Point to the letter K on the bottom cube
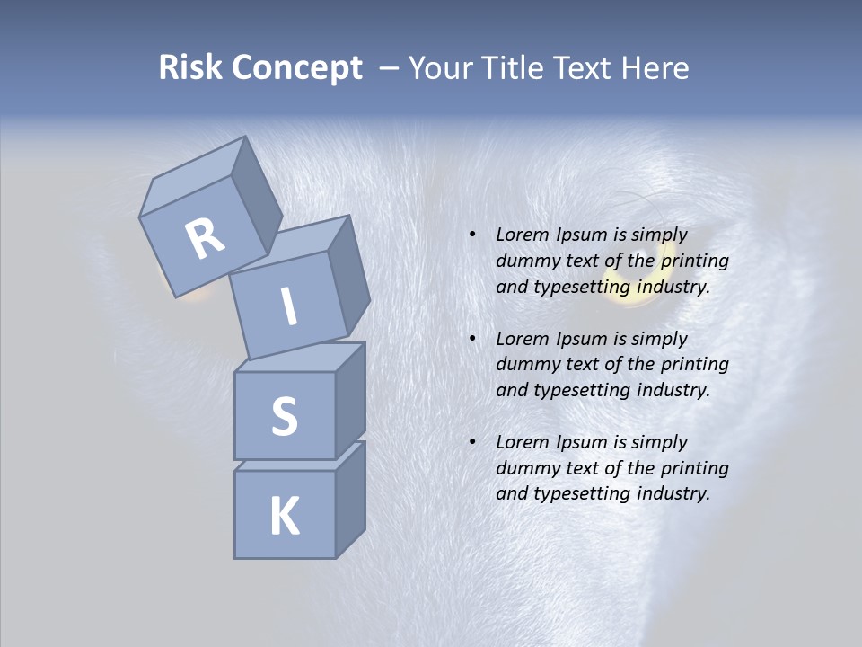point(284,516)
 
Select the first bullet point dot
point(472,235)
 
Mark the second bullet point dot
point(472,339)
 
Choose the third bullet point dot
point(472,442)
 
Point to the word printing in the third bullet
point(694,468)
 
